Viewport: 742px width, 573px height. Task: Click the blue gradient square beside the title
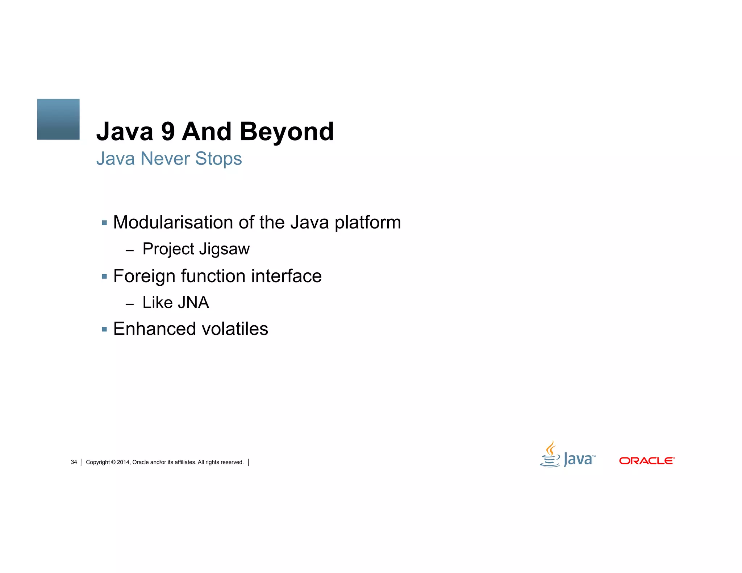pyautogui.click(x=58, y=119)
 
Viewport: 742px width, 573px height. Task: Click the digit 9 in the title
pyautogui.click(x=168, y=132)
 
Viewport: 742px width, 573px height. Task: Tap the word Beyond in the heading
pyautogui.click(x=287, y=132)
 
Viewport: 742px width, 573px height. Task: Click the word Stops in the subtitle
pyautogui.click(x=218, y=159)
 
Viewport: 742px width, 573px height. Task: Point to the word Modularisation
pyautogui.click(x=173, y=222)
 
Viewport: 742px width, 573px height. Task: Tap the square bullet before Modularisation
pyautogui.click(x=104, y=223)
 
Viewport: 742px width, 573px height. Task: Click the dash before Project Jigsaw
pyautogui.click(x=130, y=250)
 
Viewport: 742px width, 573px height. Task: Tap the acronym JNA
pyautogui.click(x=193, y=302)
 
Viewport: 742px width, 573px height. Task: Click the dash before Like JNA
pyautogui.click(x=130, y=304)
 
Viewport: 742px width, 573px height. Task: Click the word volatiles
pyautogui.click(x=235, y=329)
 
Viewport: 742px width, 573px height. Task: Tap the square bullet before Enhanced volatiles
pyautogui.click(x=104, y=329)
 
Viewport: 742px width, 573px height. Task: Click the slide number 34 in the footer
pyautogui.click(x=74, y=462)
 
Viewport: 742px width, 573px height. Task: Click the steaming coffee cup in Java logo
pyautogui.click(x=550, y=455)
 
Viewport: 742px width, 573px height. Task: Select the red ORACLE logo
pyautogui.click(x=647, y=461)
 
